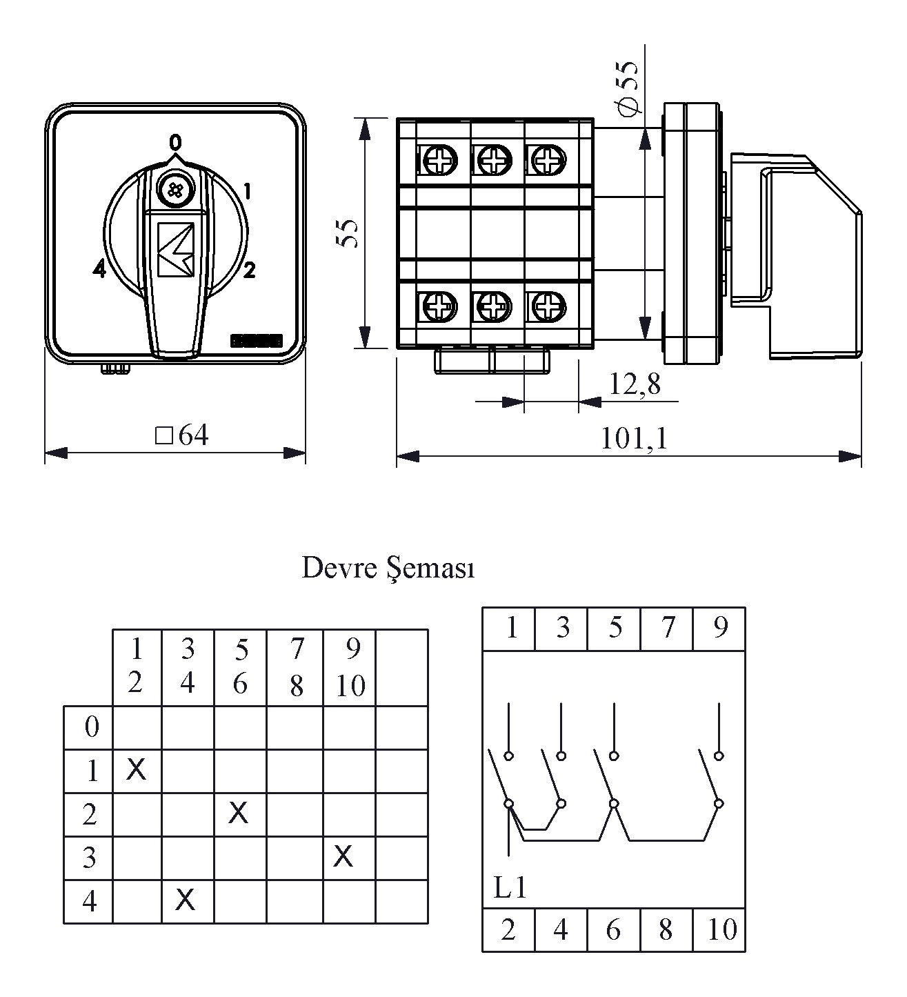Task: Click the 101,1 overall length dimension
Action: (634, 439)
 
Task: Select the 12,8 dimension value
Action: (634, 384)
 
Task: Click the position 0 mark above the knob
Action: (176, 143)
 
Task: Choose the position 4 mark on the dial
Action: (99, 270)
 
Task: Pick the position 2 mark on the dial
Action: (249, 270)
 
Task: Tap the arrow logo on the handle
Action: (176, 250)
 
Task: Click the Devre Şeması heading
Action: (388, 569)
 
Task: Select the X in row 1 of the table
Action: (137, 769)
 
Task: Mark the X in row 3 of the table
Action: (343, 856)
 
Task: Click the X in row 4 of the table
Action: (185, 899)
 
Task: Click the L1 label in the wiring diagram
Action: (510, 887)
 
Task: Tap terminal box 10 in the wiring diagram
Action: (721, 930)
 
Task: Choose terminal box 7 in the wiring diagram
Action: (667, 628)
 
